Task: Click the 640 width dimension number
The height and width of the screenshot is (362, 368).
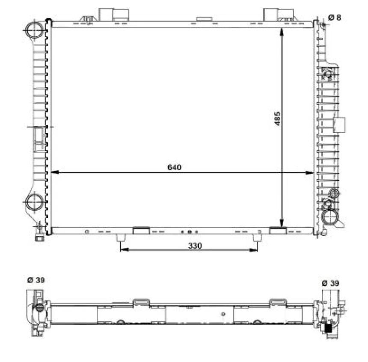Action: click(175, 167)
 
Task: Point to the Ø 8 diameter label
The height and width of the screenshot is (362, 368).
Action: click(335, 17)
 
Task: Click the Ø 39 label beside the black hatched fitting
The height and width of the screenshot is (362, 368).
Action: click(330, 283)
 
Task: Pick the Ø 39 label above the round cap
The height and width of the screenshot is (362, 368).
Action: click(36, 280)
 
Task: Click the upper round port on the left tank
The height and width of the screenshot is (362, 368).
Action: click(34, 30)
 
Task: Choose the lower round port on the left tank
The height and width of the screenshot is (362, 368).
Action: click(34, 202)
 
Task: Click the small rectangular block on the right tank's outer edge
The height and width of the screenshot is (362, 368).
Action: click(339, 125)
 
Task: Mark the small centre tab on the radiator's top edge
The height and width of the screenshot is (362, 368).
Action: click(204, 19)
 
